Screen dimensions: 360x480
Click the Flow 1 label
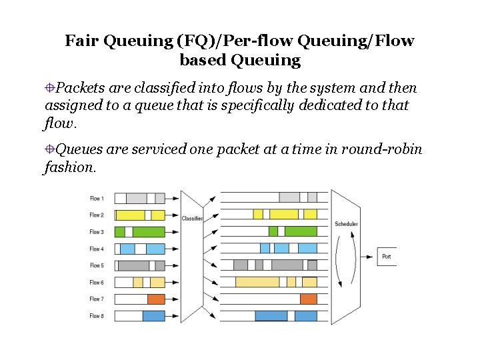97,198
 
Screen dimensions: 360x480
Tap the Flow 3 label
97,232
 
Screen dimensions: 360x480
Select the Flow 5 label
97,265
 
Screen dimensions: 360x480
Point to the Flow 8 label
97,316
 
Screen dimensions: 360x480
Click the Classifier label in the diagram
192,218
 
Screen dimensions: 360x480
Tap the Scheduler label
346,224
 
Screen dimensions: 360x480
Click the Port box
387,257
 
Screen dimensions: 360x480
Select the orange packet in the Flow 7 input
156,299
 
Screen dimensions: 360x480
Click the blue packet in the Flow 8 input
153,316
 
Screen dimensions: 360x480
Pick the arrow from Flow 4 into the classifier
172,249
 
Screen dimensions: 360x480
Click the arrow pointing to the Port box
367,257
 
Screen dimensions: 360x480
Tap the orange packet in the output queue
308,299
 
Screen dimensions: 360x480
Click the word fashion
69,167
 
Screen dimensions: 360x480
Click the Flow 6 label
97,283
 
